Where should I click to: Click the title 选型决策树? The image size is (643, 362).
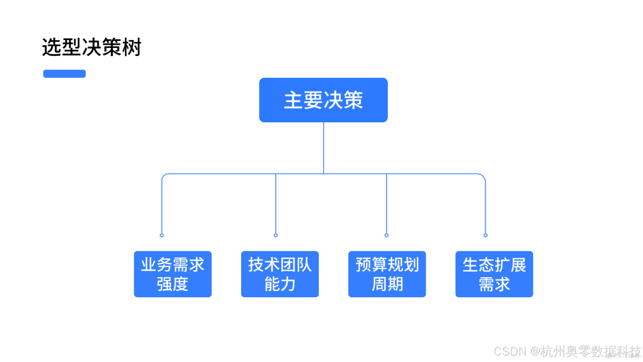[91, 48]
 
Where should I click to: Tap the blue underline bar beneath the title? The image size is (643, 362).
[64, 74]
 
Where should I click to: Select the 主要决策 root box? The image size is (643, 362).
[323, 100]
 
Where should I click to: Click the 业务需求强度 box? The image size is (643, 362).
[173, 274]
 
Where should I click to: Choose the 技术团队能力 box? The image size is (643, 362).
[280, 274]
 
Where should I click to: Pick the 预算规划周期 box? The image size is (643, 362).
[387, 274]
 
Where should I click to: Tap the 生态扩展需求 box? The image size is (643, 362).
[494, 274]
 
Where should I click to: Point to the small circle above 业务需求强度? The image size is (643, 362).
[162, 235]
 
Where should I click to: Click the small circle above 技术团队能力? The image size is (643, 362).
[276, 235]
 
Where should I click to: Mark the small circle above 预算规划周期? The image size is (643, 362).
[387, 235]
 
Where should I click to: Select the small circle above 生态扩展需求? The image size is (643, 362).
[486, 235]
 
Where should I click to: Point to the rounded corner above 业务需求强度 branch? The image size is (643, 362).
[164, 176]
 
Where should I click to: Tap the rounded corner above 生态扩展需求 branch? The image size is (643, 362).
[483, 176]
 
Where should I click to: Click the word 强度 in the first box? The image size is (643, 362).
[173, 284]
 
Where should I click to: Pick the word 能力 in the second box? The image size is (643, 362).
[280, 284]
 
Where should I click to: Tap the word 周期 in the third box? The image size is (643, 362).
[387, 284]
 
